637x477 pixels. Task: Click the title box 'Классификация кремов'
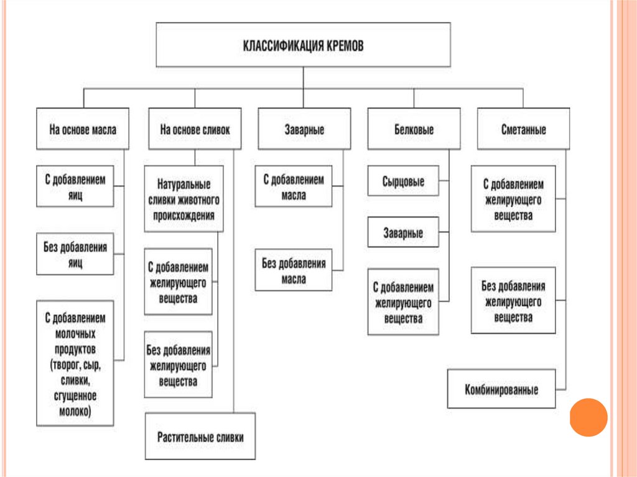click(x=303, y=45)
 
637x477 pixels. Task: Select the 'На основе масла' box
click(x=83, y=130)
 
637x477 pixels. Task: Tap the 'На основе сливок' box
click(x=195, y=130)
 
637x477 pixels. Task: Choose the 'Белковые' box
click(x=414, y=130)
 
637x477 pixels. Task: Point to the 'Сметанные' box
click(x=523, y=130)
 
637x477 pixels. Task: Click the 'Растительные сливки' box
click(x=200, y=437)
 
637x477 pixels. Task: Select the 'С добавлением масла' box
click(x=293, y=187)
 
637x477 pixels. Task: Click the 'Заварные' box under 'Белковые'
click(x=404, y=233)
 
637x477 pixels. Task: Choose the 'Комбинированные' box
click(x=501, y=390)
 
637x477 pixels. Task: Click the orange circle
click(x=588, y=417)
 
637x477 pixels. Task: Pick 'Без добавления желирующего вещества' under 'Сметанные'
click(x=513, y=301)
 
